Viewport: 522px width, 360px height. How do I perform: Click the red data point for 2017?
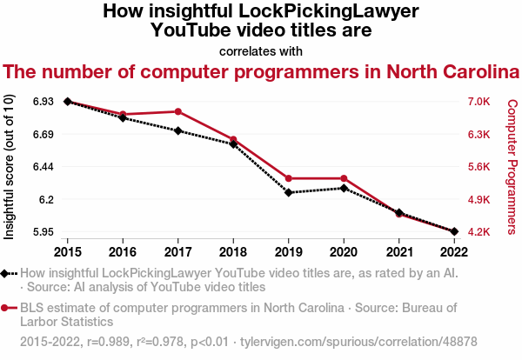[178, 111]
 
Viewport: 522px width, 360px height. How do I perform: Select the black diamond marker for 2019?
[289, 192]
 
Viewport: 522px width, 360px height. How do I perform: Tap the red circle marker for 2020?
[345, 178]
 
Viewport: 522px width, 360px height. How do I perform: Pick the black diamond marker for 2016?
[123, 117]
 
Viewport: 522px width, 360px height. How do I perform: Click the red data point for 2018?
[233, 139]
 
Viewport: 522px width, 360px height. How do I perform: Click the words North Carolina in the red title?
[435, 71]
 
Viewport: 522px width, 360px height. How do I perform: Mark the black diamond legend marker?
[5, 273]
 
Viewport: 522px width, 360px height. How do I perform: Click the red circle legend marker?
[5, 308]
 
